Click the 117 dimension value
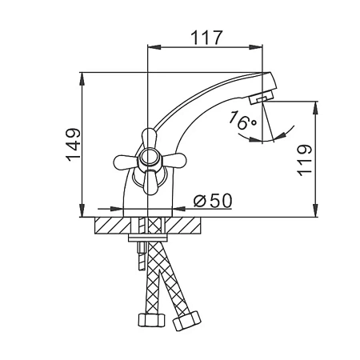(206, 38)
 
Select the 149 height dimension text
(74, 145)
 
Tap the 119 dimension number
(304, 160)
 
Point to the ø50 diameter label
(213, 200)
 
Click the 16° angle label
(242, 120)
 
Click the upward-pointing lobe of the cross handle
(149, 138)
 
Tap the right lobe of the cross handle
(174, 160)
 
